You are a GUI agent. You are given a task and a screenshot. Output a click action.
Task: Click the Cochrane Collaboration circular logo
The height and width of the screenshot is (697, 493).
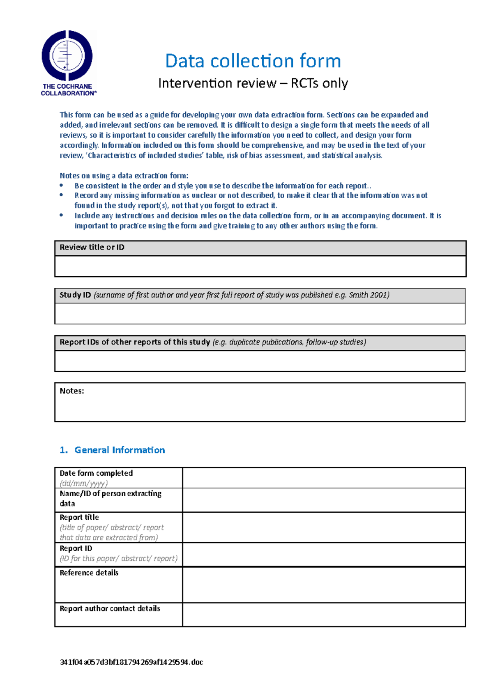67,55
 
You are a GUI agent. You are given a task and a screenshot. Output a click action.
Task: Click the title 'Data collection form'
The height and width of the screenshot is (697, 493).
253,61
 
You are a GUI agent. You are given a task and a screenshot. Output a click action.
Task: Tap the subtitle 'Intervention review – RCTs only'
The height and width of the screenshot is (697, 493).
253,83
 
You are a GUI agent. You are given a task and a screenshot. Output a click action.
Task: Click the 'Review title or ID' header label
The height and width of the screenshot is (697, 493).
92,248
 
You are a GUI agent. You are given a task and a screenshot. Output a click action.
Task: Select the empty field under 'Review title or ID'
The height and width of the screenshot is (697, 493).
260,266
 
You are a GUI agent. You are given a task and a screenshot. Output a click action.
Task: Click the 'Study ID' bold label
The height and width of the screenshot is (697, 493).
75,295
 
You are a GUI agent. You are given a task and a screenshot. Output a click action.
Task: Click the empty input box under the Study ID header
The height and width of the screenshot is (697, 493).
260,314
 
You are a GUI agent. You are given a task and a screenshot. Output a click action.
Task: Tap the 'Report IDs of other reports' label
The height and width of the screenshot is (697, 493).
135,342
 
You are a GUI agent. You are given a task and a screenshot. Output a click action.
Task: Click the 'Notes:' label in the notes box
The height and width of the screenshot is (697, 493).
72,391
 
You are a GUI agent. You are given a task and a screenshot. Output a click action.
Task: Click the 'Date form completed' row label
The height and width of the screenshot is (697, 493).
96,473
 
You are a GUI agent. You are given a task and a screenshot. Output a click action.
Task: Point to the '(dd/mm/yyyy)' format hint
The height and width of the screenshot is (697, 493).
84,484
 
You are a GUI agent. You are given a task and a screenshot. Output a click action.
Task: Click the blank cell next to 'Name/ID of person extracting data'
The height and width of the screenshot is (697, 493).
324,500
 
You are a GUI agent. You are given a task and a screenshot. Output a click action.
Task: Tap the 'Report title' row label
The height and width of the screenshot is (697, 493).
79,518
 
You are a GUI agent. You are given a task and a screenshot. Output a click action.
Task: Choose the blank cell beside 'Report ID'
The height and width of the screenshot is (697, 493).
324,555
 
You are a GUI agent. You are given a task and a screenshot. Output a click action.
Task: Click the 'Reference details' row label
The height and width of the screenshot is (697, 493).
89,573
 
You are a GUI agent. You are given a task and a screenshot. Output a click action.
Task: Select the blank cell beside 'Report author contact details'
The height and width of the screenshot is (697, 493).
324,615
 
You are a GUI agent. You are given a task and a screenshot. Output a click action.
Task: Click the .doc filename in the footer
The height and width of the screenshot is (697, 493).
131,662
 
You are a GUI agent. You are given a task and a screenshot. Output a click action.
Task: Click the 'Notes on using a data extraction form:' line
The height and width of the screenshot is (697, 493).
124,176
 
